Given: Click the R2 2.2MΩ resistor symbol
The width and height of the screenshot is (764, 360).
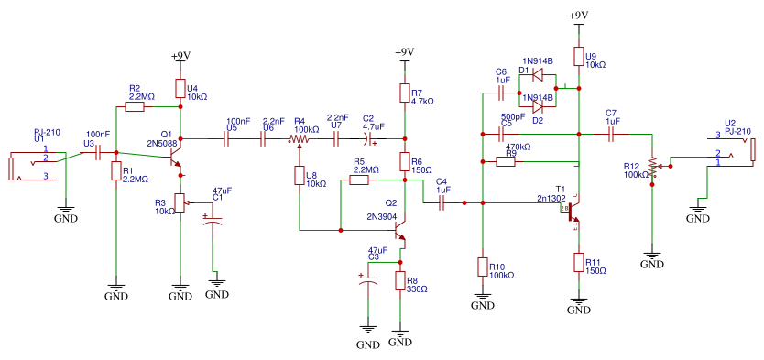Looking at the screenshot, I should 135,107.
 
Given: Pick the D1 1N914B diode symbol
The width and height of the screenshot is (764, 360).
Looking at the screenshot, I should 538,75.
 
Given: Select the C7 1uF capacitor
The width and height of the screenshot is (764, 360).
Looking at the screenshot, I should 612,134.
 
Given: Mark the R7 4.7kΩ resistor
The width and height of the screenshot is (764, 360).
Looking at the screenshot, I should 404,93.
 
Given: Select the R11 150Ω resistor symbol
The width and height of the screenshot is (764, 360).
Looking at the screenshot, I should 578,263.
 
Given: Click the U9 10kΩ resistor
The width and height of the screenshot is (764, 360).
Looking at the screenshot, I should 578,57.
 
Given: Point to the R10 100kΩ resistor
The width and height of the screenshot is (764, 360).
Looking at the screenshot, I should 483,267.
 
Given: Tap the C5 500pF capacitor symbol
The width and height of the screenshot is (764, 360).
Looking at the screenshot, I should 502,134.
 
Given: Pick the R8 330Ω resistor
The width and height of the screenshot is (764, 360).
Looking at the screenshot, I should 400,280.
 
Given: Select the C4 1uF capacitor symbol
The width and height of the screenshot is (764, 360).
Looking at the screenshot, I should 442,202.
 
